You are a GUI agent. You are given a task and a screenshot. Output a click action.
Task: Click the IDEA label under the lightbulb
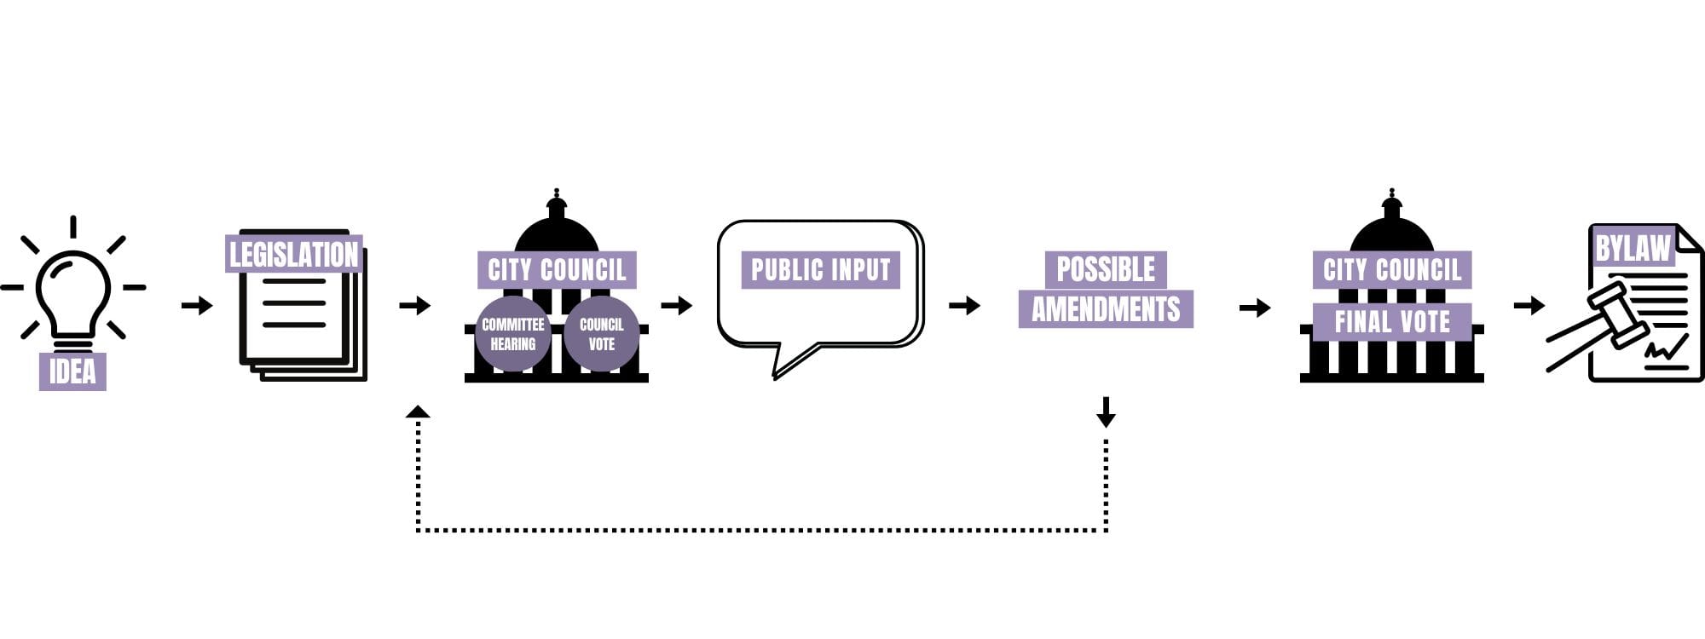tap(72, 371)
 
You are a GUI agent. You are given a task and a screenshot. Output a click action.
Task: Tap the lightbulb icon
tap(72, 294)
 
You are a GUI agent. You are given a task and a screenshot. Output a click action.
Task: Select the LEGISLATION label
tap(293, 254)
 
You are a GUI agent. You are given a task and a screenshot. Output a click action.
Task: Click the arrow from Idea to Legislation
tap(197, 305)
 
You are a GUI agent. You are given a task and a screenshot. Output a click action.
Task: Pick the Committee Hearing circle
tap(512, 334)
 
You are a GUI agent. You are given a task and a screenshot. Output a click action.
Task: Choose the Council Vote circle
tap(601, 334)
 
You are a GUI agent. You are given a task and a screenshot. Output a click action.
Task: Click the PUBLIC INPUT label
tap(820, 270)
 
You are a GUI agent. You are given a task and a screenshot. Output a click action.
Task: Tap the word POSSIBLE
tap(1106, 269)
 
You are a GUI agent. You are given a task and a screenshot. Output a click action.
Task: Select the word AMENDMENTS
tap(1106, 309)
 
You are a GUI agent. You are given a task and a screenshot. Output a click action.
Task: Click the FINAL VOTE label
tap(1391, 321)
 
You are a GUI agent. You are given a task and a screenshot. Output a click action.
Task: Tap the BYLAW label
tap(1632, 248)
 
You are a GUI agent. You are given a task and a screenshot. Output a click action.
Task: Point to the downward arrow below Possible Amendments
tap(1106, 412)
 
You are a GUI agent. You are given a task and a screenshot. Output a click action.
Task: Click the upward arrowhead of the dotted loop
tap(418, 412)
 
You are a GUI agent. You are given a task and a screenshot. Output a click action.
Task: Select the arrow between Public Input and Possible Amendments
tap(964, 305)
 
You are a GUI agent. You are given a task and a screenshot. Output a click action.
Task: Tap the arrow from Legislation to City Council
tap(415, 305)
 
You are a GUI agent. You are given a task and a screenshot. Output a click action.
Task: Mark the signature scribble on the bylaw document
tap(1666, 348)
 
